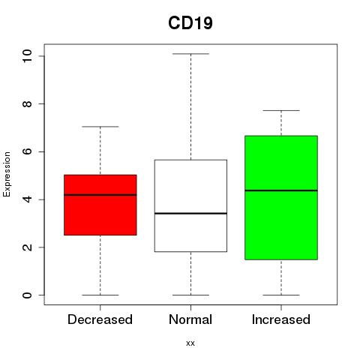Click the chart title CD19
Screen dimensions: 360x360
click(x=190, y=23)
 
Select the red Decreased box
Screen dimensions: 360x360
click(x=100, y=205)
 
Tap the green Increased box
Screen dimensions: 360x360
click(x=281, y=198)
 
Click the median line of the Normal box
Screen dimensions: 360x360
click(x=190, y=213)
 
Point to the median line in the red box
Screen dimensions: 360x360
click(x=100, y=195)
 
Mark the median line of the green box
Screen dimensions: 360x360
click(x=281, y=190)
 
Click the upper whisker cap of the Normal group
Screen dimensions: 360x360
click(x=190, y=54)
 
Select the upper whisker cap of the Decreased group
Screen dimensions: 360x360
click(x=100, y=127)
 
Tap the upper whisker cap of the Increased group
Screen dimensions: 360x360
click(x=281, y=110)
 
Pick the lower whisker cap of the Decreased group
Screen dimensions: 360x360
click(x=100, y=295)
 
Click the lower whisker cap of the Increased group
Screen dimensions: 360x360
click(x=281, y=295)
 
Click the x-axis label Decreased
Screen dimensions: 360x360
click(x=100, y=319)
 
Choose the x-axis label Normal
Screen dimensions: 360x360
click(x=190, y=319)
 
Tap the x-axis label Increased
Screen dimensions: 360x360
click(x=281, y=319)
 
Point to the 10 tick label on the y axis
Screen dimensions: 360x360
click(x=27, y=55)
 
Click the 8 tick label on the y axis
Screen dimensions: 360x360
click(x=27, y=103)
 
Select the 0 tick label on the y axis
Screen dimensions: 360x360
click(x=27, y=295)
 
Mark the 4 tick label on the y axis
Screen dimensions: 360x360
click(x=27, y=199)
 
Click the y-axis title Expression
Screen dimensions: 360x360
click(x=7, y=174)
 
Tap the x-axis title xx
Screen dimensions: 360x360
click(x=190, y=343)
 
